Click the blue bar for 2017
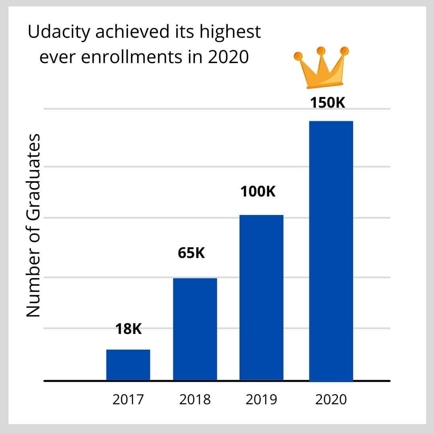click(x=128, y=365)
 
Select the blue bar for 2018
click(x=195, y=329)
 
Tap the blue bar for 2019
click(x=262, y=297)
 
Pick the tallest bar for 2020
click(x=331, y=251)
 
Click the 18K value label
click(x=129, y=330)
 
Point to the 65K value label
click(x=191, y=254)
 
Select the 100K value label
click(x=258, y=192)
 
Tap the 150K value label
click(x=328, y=102)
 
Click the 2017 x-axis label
click(x=128, y=400)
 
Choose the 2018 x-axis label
click(x=194, y=400)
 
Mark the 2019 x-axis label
click(x=262, y=400)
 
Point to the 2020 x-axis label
click(x=331, y=400)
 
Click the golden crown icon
click(x=321, y=68)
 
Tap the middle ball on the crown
click(x=321, y=51)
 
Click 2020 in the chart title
click(x=228, y=57)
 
